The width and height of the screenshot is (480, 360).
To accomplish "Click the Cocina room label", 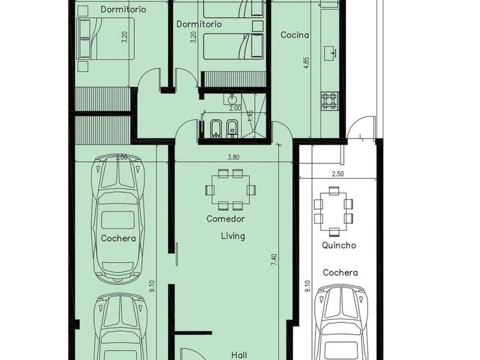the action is pos(294,35).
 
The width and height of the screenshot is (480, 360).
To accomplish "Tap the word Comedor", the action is pos(226,218).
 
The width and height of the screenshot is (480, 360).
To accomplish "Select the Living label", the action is pos(233,236).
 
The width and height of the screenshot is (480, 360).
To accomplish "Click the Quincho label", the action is pos(339,245).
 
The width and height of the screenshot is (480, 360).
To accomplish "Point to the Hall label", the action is pos(239,355).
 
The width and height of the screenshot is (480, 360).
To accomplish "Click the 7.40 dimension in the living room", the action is pos(274,259).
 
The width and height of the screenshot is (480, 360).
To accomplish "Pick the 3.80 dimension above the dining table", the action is pos(234,158).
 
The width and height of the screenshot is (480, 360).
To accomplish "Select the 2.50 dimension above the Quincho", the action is pos(338,174).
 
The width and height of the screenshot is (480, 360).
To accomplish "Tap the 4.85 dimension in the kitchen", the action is pos(307,63).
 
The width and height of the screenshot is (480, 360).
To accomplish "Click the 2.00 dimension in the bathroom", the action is pos(235,108).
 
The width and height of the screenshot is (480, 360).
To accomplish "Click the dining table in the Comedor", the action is pos(230,190).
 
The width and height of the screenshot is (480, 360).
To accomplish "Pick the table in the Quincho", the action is pos(333,212).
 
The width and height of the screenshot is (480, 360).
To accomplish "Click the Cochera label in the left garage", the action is pos(118,238).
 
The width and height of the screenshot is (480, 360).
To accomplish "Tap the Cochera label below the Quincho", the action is pos(340,273).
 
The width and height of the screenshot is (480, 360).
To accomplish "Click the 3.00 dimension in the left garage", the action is pos(121,158).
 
